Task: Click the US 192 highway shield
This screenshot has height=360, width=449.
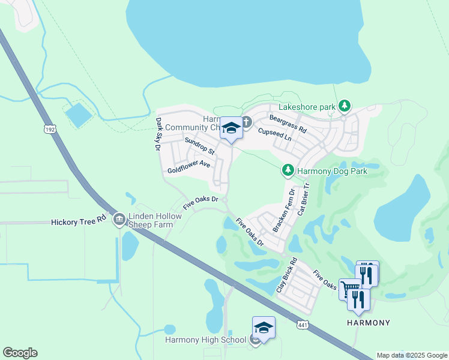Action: click(x=49, y=128)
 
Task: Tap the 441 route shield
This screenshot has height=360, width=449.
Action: click(x=303, y=324)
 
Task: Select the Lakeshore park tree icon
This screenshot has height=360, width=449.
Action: click(x=344, y=106)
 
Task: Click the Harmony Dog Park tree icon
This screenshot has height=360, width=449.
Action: click(x=288, y=171)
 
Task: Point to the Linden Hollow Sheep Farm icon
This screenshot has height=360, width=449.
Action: click(x=119, y=220)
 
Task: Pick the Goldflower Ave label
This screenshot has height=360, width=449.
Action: click(x=188, y=166)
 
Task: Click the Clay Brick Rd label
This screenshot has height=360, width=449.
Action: click(x=287, y=275)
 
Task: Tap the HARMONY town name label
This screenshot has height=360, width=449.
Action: click(x=369, y=323)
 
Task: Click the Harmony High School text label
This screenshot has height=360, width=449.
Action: click(x=206, y=340)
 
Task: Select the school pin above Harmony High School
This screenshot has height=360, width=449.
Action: click(x=264, y=328)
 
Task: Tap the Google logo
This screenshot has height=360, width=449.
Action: click(x=20, y=353)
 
